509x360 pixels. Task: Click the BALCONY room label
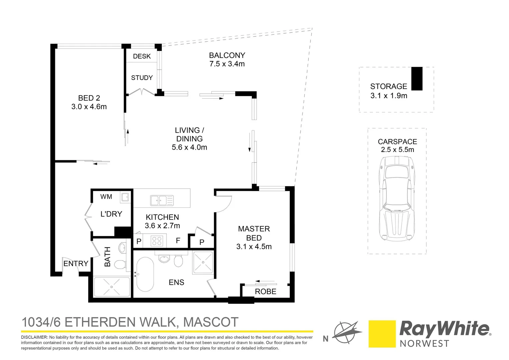pos(227,55)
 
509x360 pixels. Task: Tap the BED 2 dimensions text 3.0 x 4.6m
pos(89,107)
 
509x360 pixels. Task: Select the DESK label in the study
pos(142,56)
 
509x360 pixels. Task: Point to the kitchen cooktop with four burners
pos(157,241)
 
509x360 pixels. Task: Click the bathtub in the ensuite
pos(145,274)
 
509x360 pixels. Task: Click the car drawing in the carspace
pos(397,198)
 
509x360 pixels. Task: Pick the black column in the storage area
pos(417,79)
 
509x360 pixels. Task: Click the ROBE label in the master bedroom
pos(265,292)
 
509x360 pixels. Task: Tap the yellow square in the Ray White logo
pos(382,334)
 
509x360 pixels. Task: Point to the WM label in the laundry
pos(106,197)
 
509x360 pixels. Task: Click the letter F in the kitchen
pos(178,241)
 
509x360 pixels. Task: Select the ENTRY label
pos(76,264)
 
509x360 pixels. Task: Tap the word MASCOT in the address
pos(211,322)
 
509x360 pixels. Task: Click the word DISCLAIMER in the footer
pos(34,337)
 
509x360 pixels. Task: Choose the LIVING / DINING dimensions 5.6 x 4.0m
pos(189,147)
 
